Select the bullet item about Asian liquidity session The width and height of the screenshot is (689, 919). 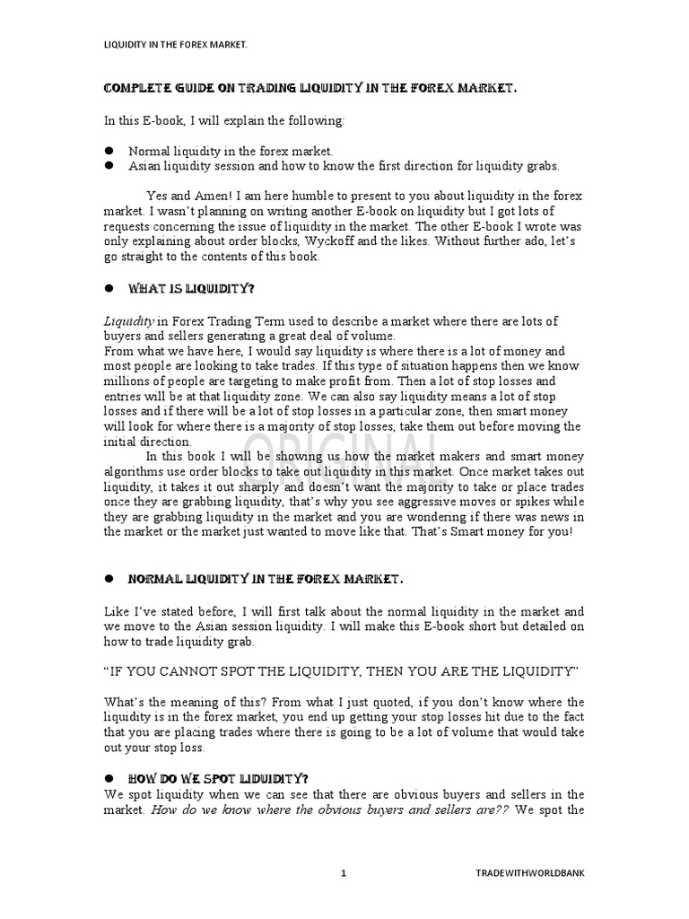pos(344,166)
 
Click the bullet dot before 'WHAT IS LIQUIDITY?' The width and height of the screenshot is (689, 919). pos(108,289)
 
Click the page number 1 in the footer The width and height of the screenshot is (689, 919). pos(344,871)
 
